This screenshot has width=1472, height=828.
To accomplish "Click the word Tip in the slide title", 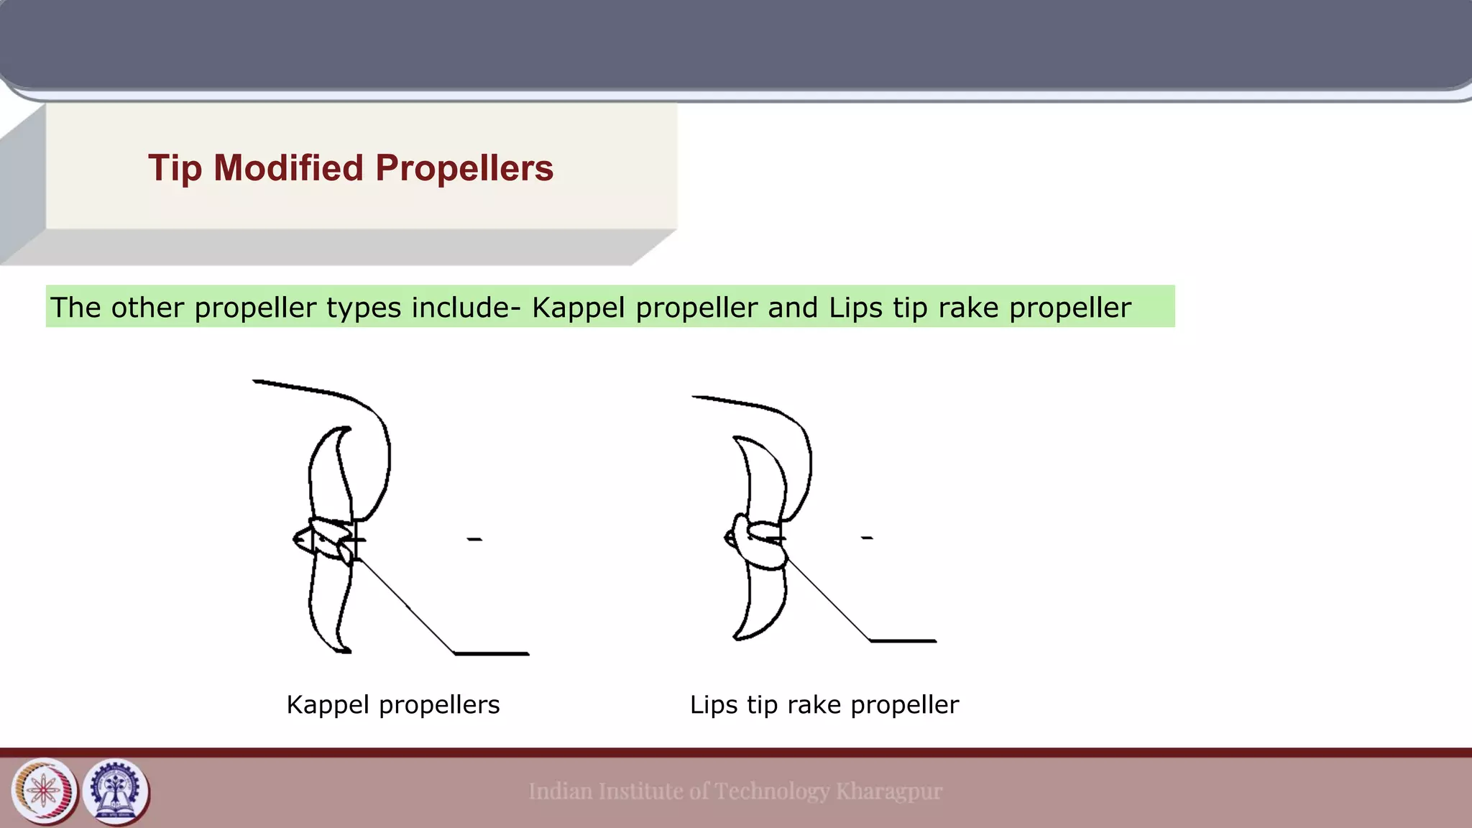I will [174, 168].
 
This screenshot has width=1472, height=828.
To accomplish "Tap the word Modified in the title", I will [288, 168].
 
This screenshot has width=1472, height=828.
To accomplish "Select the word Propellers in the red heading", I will [464, 168].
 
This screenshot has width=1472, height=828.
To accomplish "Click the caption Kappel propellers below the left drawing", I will [392, 705].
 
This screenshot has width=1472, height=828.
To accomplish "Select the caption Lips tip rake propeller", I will [824, 705].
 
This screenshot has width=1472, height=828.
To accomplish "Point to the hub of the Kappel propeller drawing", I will [323, 539].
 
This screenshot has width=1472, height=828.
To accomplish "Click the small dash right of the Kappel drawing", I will [474, 539].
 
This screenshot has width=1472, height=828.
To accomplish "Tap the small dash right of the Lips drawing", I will [867, 538].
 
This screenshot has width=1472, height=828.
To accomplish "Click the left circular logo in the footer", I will [45, 791].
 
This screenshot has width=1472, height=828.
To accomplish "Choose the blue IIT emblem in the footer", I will [115, 791].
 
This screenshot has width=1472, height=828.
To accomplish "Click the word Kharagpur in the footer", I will [888, 791].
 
